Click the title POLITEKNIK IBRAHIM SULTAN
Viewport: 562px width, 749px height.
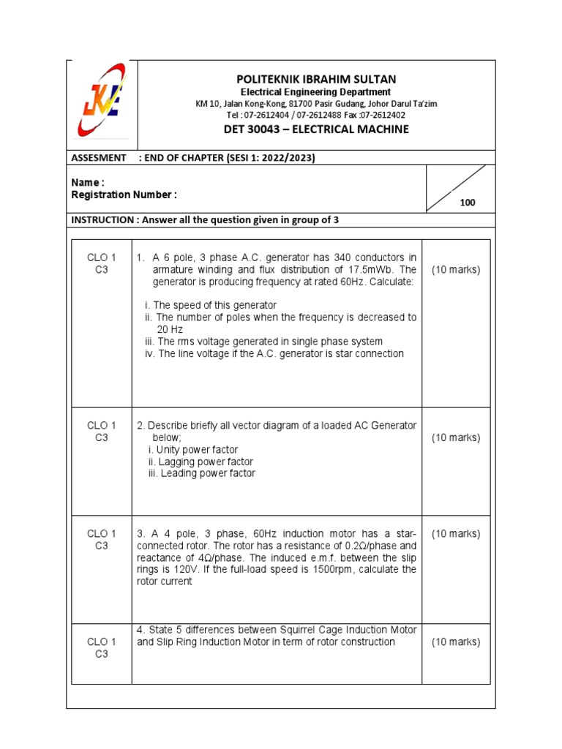316,79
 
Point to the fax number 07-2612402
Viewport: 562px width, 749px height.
380,115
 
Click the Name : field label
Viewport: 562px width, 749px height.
88,182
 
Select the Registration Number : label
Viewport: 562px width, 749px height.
124,195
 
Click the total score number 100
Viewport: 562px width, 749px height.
468,203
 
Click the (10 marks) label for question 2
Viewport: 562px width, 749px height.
456,437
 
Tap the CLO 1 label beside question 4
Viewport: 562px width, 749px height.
102,641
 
